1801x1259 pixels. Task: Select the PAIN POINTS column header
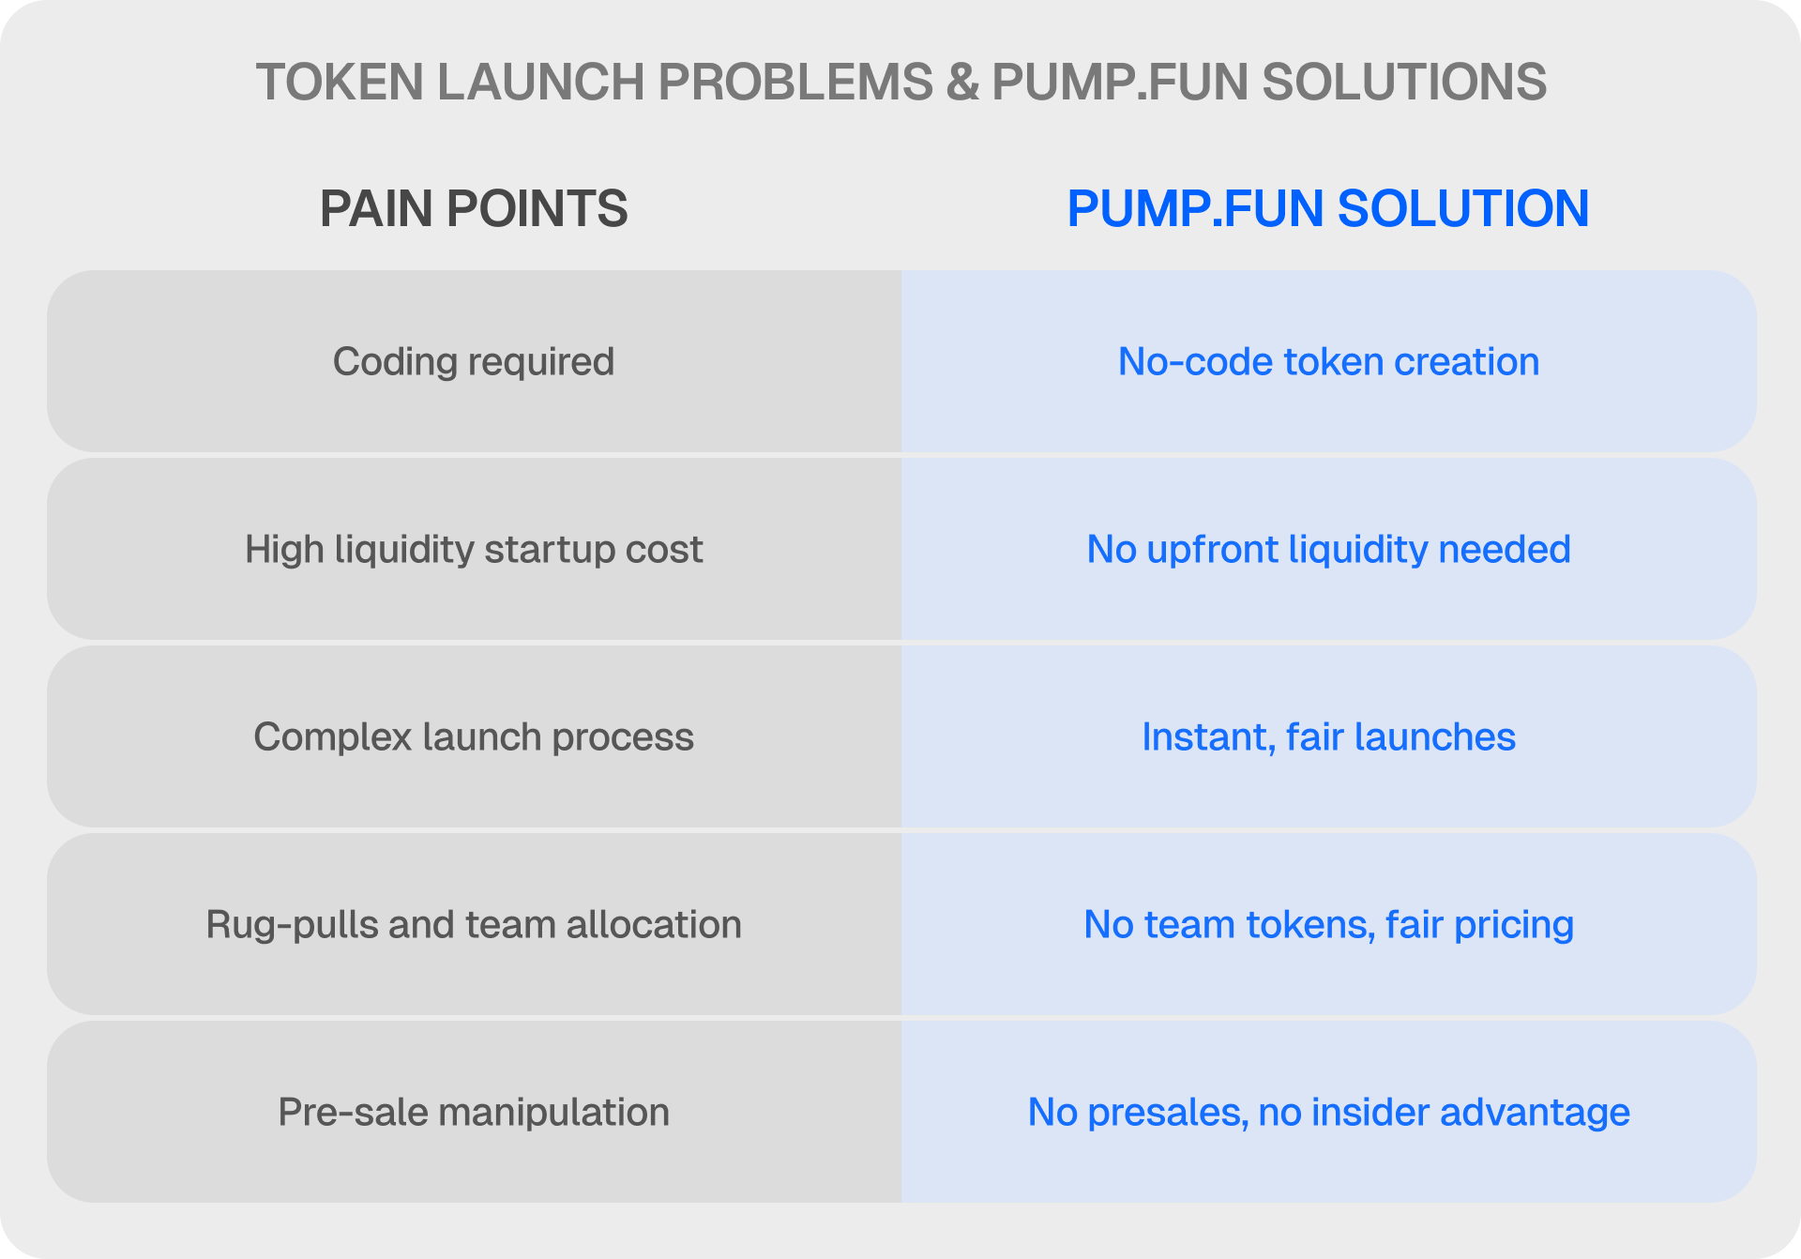(474, 208)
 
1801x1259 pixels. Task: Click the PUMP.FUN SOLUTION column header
(1328, 208)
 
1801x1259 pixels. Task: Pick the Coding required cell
(474, 361)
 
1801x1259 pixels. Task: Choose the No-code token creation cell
(1329, 361)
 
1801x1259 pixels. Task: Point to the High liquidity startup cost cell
(474, 549)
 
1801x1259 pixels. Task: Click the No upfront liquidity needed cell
(1329, 549)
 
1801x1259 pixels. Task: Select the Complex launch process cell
(474, 736)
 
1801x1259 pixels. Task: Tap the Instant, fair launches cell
(1329, 736)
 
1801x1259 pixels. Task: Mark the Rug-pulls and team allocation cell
(474, 924)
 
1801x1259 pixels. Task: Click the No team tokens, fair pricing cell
(1329, 924)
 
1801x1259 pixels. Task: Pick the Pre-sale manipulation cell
(474, 1112)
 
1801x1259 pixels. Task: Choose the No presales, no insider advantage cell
(1329, 1112)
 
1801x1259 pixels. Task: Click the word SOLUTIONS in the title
(1404, 82)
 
